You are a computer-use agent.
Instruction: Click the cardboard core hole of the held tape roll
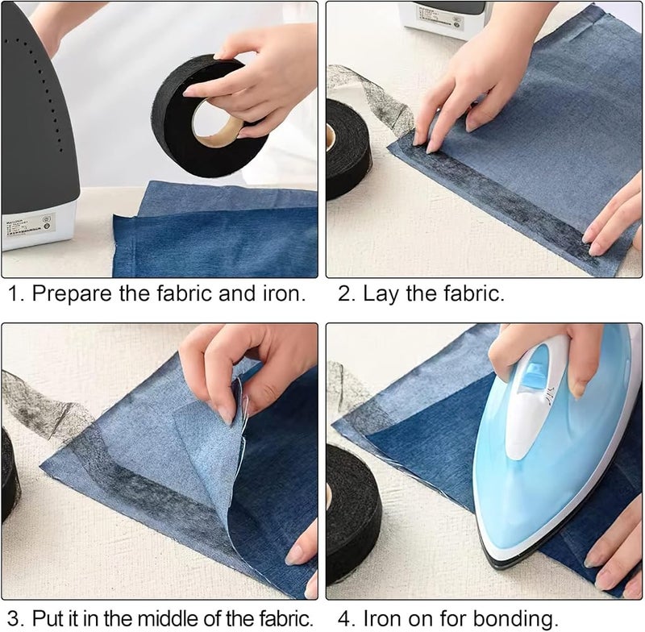217,123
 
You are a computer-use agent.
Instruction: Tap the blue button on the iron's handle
533,373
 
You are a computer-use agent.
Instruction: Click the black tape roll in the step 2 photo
347,150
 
